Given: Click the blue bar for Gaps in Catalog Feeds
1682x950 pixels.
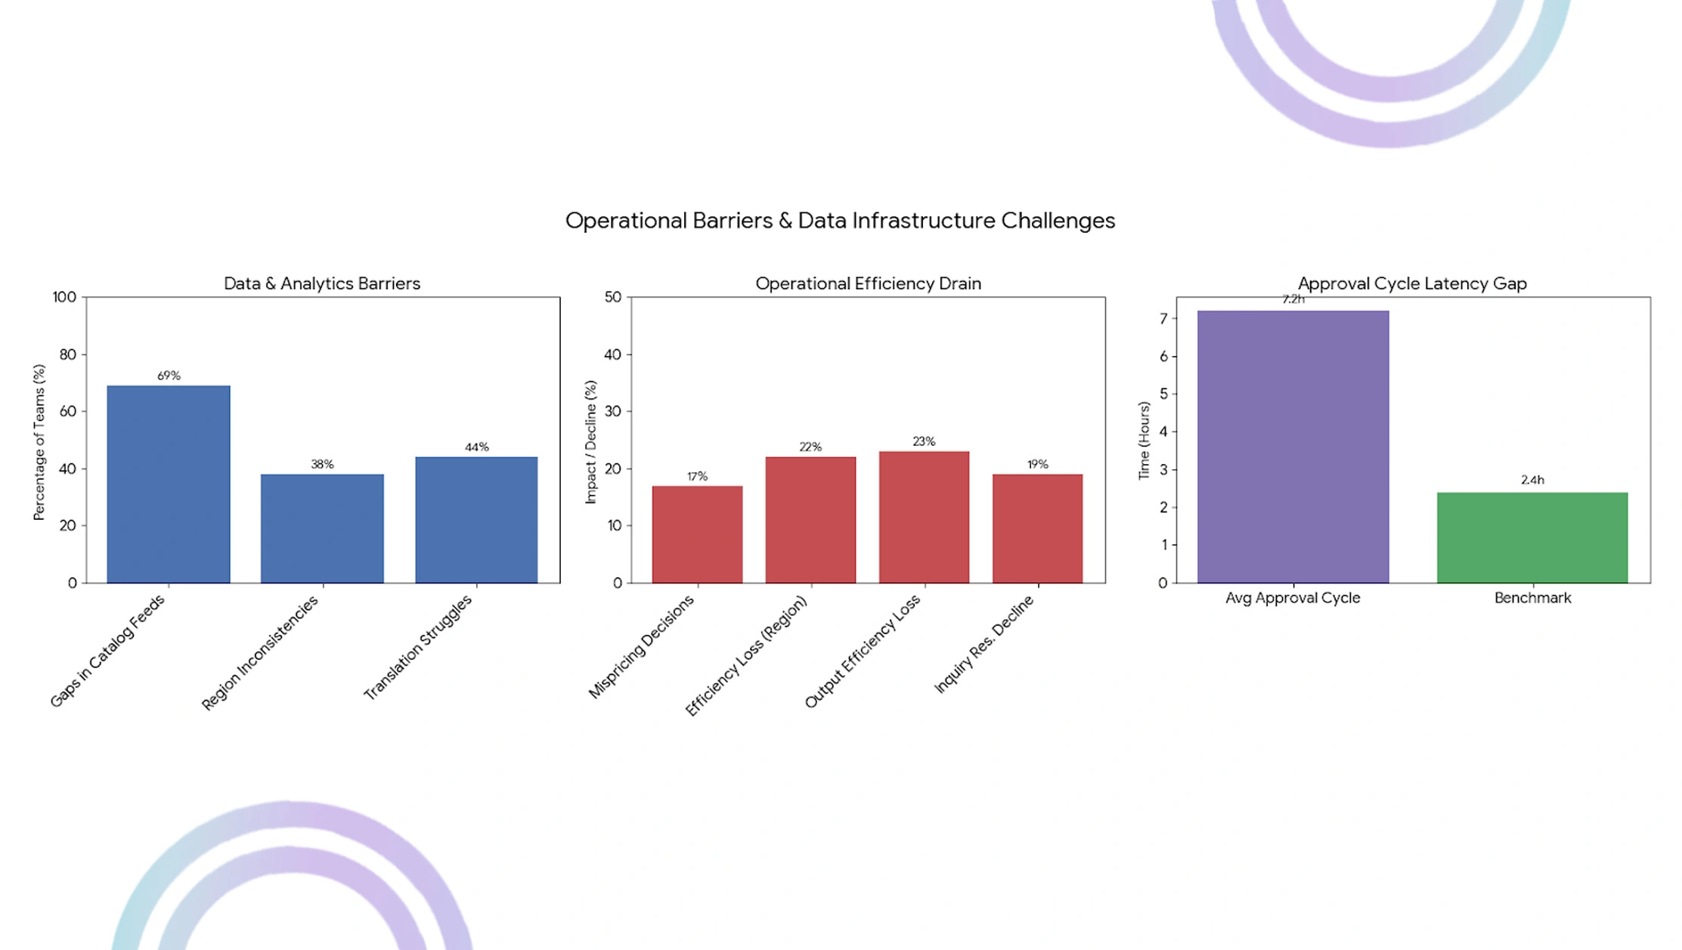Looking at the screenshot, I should tap(168, 484).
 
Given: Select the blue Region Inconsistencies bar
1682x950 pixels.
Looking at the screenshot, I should tap(322, 528).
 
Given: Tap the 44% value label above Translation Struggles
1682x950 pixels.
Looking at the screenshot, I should tap(476, 447).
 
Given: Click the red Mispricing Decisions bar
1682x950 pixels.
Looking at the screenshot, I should tap(697, 534).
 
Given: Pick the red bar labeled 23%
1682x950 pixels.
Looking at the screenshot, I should tap(924, 517).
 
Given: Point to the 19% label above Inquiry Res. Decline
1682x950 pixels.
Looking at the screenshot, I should tap(1037, 464).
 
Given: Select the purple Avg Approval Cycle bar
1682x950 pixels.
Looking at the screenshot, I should tap(1293, 446).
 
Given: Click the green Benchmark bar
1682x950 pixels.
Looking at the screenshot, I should tap(1532, 537).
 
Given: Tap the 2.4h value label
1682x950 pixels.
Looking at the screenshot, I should tap(1532, 480).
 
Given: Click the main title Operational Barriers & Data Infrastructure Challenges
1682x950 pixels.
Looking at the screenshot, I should tap(840, 221).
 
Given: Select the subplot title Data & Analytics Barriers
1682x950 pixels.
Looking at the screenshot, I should tap(322, 283).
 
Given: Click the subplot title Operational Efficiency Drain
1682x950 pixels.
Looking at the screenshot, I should tap(868, 283).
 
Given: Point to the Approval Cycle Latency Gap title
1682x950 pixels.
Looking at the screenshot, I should tap(1412, 283).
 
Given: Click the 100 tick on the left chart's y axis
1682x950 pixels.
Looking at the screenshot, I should tap(65, 297).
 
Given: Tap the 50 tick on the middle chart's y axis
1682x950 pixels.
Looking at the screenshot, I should tap(612, 297).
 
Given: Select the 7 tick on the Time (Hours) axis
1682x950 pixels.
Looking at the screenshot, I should tap(1163, 318).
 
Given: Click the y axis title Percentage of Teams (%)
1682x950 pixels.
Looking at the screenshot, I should tap(39, 442).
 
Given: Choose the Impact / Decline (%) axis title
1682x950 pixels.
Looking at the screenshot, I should tap(590, 442).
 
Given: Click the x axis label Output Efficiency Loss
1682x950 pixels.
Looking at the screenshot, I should tap(863, 651).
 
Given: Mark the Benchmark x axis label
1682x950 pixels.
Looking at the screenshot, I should tap(1532, 598).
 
